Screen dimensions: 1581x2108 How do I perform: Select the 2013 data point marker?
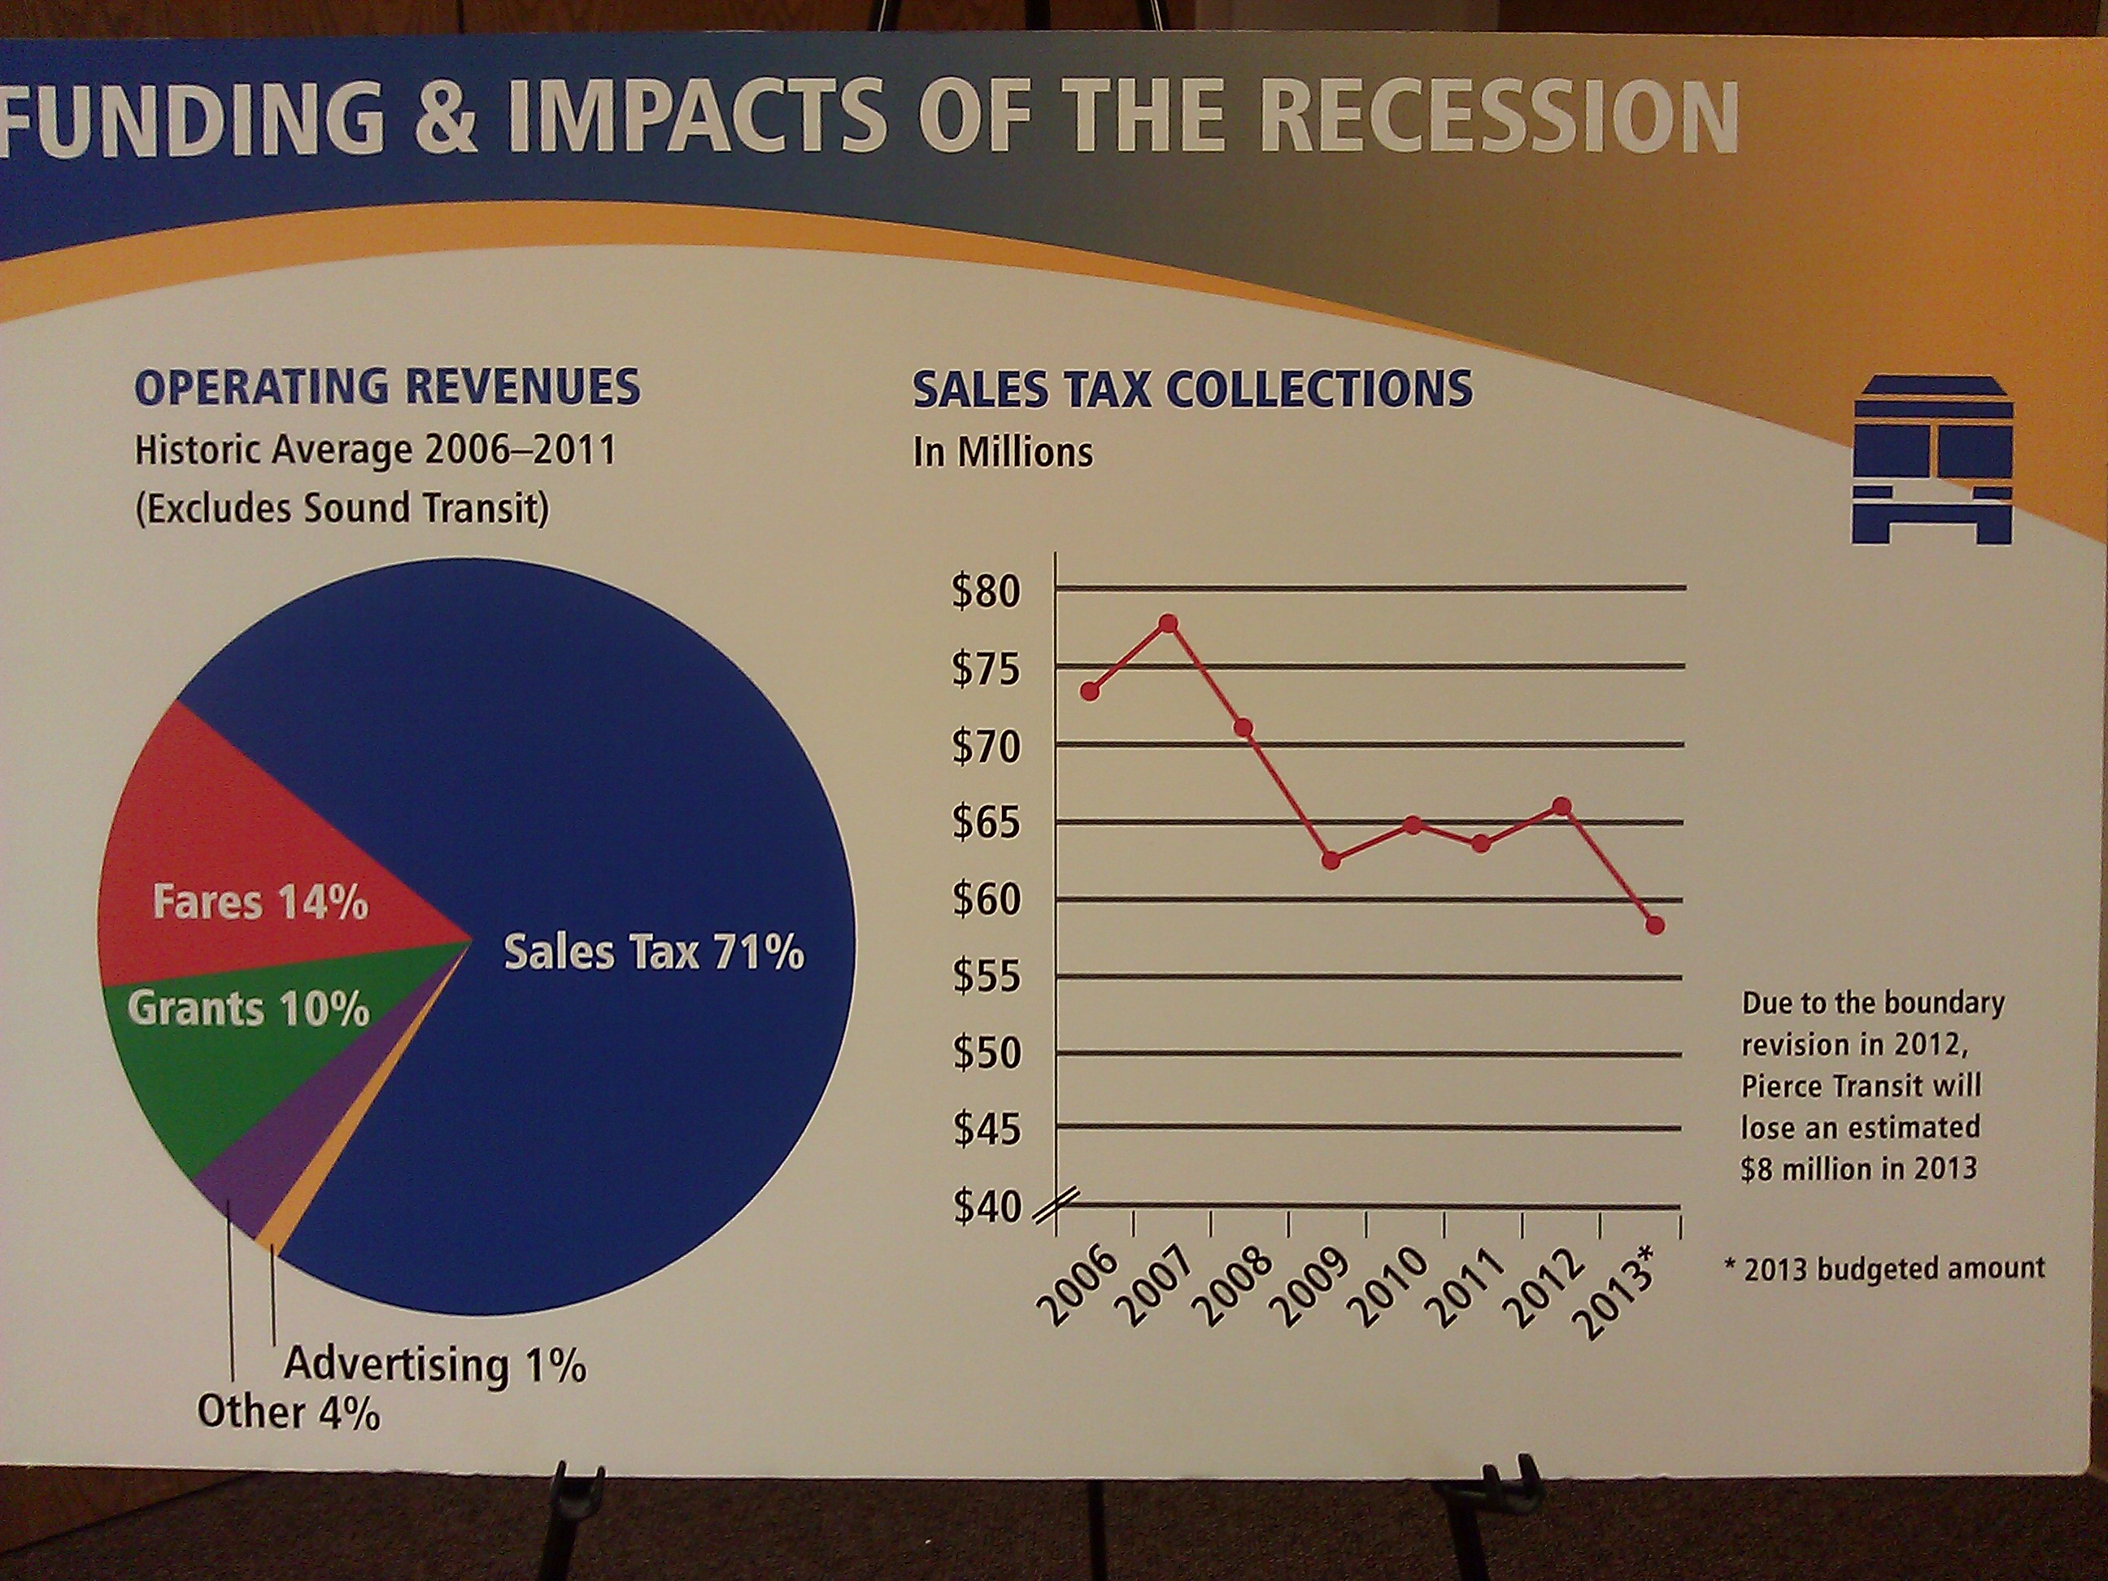point(1654,926)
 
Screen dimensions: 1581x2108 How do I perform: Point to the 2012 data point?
point(1561,806)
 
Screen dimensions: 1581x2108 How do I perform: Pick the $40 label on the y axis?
point(987,1208)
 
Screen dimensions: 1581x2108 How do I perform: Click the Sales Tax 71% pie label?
point(653,952)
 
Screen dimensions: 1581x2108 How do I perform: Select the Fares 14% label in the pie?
point(260,902)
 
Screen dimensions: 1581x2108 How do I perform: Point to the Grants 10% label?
point(248,1008)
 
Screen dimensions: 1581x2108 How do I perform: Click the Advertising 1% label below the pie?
point(434,1365)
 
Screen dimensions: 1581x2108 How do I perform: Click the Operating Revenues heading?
point(388,387)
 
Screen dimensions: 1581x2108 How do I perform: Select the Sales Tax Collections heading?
point(1192,390)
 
